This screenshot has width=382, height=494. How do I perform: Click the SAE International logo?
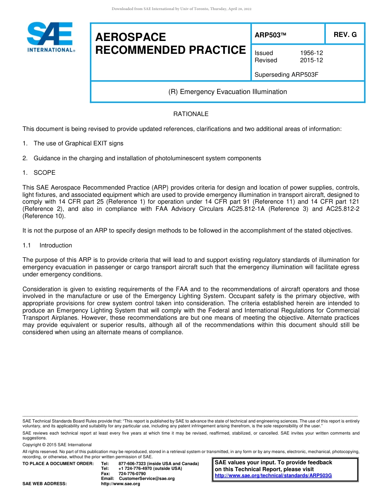click(50, 37)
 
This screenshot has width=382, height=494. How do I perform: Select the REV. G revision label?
click(345, 35)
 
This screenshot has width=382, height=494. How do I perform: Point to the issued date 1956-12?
click(311, 53)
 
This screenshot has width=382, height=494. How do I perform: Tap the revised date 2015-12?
click(311, 60)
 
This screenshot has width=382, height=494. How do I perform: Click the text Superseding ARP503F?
click(286, 74)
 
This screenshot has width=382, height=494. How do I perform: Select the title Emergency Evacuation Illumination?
click(228, 92)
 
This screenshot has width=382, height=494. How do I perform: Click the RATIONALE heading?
click(191, 114)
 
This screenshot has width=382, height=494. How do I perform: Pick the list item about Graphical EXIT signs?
click(78, 143)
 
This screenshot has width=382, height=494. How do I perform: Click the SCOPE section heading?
click(44, 173)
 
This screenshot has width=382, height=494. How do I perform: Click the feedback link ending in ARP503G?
click(273, 476)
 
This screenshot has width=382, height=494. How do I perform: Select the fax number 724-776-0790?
click(132, 474)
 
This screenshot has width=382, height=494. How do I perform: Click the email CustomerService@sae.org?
click(147, 479)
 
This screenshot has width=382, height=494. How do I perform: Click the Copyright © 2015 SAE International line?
click(57, 445)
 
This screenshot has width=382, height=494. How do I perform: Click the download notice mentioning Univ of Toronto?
click(181, 9)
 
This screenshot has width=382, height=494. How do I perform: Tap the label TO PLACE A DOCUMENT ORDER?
click(58, 464)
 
